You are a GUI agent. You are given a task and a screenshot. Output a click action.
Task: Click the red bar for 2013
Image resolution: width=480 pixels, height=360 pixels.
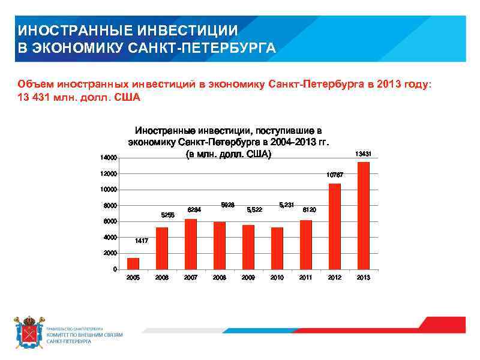[363, 216]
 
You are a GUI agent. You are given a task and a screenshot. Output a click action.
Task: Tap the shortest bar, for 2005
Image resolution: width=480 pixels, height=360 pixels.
[133, 263]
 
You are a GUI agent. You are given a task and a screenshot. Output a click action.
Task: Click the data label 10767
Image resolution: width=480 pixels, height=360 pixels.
[335, 175]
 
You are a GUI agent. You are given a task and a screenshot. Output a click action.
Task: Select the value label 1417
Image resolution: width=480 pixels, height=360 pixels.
[142, 241]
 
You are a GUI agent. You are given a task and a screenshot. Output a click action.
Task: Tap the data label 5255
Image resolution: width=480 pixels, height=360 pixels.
[168, 215]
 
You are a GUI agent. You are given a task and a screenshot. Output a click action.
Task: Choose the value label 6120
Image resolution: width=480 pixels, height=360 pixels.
[310, 209]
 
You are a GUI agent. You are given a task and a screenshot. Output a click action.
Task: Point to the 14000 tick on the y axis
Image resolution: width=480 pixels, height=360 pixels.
[109, 158]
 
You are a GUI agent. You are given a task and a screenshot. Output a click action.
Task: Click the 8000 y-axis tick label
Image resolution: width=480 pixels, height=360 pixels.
[110, 206]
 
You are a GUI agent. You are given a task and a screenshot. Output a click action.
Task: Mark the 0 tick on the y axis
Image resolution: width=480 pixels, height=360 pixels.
[115, 269]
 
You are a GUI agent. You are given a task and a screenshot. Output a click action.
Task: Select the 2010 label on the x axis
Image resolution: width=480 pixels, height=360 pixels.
[277, 278]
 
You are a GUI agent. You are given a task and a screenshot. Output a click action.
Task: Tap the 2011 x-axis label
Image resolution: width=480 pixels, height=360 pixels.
[305, 278]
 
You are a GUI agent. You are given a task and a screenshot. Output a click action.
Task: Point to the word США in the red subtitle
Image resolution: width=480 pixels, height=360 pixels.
[127, 97]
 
